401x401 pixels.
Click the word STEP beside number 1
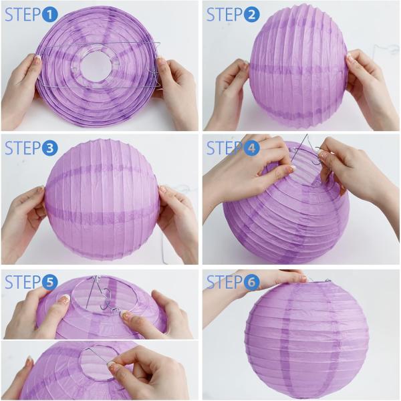point(23,15)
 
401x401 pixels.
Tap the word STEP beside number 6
point(224,282)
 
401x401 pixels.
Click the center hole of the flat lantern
point(96,66)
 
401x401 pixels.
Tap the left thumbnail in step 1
point(37,61)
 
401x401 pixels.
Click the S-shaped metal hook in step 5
point(106,299)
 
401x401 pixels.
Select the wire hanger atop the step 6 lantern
point(317,281)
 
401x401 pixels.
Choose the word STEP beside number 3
point(23,148)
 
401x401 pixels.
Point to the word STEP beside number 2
point(224,15)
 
